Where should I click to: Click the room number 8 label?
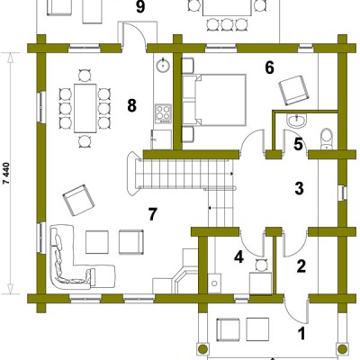tap(131, 105)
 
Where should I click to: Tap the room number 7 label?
tap(153, 214)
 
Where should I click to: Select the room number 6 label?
tap(269, 68)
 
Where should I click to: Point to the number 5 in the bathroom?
tap(298, 144)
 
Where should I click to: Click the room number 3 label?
tap(299, 188)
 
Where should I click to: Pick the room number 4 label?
tap(238, 257)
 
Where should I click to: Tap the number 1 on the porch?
tap(301, 333)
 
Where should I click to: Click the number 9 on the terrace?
tap(140, 6)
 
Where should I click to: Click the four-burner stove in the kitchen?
tap(163, 113)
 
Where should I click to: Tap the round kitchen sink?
tap(163, 64)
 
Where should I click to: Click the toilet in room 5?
tap(326, 139)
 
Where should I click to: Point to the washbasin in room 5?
tap(296, 121)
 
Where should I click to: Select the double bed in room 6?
tap(214, 100)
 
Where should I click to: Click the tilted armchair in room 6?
tap(293, 90)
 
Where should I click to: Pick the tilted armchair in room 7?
tap(78, 200)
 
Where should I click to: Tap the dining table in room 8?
tap(85, 108)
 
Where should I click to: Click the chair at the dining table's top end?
tap(85, 75)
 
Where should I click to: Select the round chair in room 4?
tap(260, 265)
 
